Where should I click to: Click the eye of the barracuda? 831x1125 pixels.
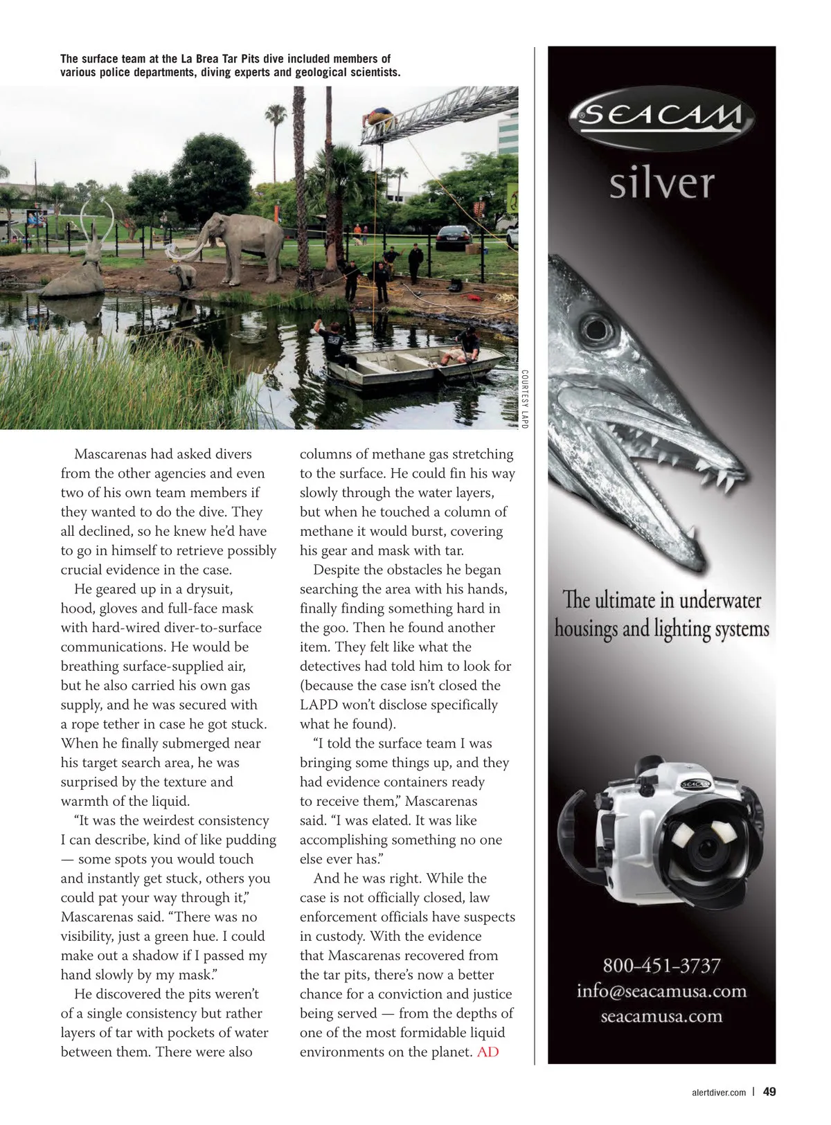[592, 325]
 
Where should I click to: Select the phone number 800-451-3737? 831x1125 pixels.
[661, 965]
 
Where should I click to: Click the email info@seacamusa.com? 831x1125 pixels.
[661, 991]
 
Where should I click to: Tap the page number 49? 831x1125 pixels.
[769, 1092]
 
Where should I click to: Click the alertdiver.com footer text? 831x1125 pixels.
[719, 1092]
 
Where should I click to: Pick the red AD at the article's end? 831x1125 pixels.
[488, 1052]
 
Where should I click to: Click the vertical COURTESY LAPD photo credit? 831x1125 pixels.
[524, 398]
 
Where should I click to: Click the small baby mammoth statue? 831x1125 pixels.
[185, 276]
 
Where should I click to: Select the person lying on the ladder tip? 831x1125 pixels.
[379, 114]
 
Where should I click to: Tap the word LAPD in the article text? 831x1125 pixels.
[318, 704]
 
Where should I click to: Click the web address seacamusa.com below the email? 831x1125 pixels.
[661, 1016]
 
